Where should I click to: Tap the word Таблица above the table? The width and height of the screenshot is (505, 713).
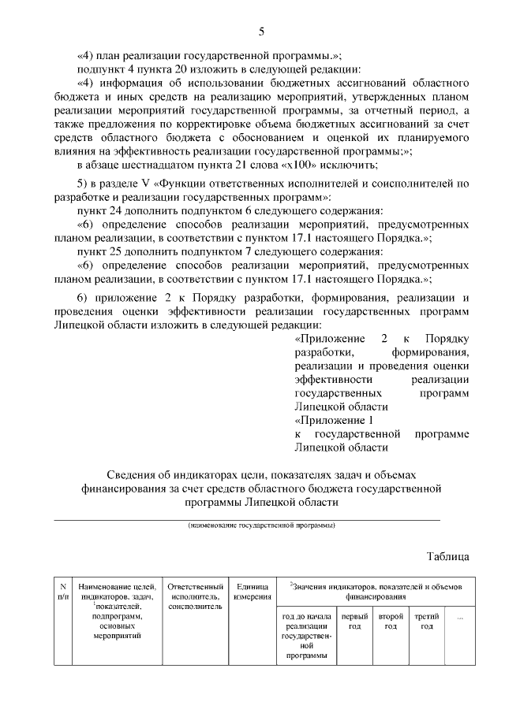(448, 555)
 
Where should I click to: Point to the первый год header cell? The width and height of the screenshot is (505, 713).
(354, 621)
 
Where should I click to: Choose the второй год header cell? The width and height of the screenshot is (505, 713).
(391, 621)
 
